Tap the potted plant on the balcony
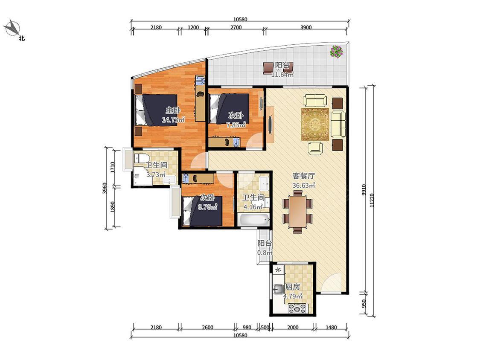[x=337, y=51]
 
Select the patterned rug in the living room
[x=315, y=124]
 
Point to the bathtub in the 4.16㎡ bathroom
[x=254, y=220]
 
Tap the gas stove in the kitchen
[x=297, y=308]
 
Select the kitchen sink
[x=279, y=289]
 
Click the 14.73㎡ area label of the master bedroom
[x=173, y=120]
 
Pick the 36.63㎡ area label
[x=304, y=185]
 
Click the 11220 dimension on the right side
[x=372, y=200]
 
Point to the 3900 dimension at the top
[x=306, y=27]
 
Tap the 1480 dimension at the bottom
[x=331, y=327]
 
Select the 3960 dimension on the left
[x=105, y=188]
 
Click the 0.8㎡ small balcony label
[x=265, y=253]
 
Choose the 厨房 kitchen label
[x=292, y=287]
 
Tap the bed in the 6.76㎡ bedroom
[x=202, y=211]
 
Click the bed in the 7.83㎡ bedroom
[x=229, y=109]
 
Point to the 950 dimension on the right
[x=364, y=303]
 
